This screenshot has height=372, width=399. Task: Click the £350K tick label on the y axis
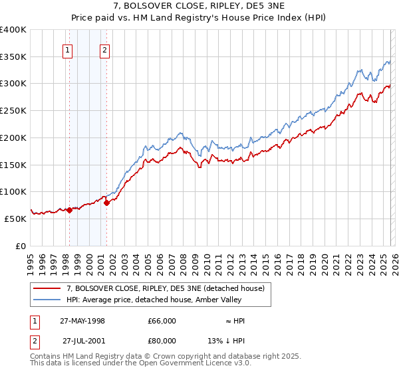[13, 56]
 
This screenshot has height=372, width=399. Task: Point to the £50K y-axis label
[15, 218]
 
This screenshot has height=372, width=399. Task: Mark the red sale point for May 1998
[69, 210]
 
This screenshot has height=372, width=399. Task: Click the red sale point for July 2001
[106, 203]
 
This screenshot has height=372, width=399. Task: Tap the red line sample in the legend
[48, 288]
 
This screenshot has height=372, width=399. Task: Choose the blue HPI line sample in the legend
[48, 300]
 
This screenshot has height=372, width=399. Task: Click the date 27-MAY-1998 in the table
[82, 321]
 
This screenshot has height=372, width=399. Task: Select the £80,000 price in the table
[162, 341]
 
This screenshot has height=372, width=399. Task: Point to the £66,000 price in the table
[162, 321]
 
